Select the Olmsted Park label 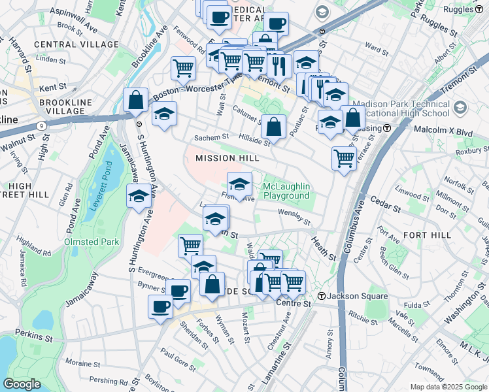pos(92,242)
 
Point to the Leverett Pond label pos(98,197)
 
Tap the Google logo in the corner pos(22,384)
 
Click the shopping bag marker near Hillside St pos(273,127)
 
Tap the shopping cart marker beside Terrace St pos(343,157)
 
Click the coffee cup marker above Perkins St pos(160,306)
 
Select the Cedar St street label pos(386,208)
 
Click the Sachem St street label pos(211,138)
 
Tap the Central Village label pos(65,44)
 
